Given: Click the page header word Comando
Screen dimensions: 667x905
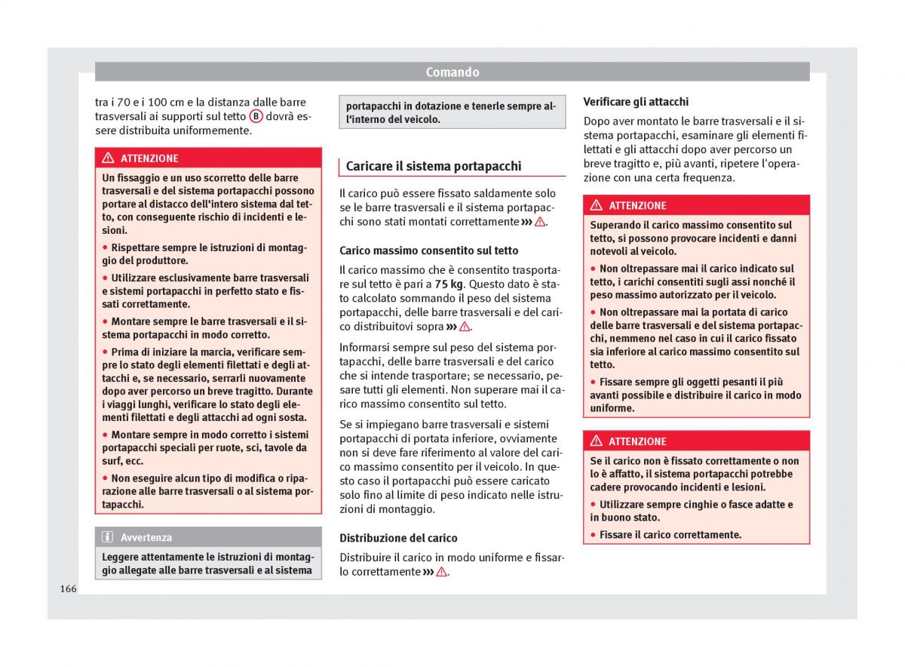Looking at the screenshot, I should (x=452, y=72).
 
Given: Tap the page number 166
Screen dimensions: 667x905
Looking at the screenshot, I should (x=68, y=589).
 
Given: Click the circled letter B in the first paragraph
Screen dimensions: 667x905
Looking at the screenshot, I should (x=256, y=116).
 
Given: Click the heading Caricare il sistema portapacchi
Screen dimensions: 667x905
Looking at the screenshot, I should (x=433, y=167).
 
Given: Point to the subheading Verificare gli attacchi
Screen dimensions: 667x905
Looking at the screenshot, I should (x=636, y=102).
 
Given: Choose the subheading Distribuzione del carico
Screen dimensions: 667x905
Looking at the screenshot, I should (x=398, y=538).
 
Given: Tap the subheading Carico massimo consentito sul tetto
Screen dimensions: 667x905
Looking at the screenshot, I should (x=428, y=251).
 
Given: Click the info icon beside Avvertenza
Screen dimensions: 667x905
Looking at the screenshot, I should (x=107, y=537).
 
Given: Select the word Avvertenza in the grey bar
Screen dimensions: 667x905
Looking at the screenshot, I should (x=146, y=538).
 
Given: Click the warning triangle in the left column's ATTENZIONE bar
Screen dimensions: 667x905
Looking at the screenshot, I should (x=108, y=158).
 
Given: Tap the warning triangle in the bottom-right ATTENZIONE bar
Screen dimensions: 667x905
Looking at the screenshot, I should (x=596, y=441).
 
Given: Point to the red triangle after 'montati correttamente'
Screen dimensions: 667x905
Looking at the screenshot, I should (x=540, y=222).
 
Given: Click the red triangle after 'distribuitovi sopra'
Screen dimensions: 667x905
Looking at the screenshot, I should (x=465, y=327).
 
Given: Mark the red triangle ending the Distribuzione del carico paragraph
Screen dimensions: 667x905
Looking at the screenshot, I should (x=442, y=572).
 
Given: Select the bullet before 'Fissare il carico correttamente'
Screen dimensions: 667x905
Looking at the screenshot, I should (x=593, y=535).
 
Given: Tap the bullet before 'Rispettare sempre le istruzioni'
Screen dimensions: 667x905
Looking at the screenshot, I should (x=105, y=247).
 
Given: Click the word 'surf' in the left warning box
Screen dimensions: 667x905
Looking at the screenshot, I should (x=112, y=461).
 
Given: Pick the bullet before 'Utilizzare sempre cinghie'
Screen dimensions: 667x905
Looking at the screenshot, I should (x=593, y=505).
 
